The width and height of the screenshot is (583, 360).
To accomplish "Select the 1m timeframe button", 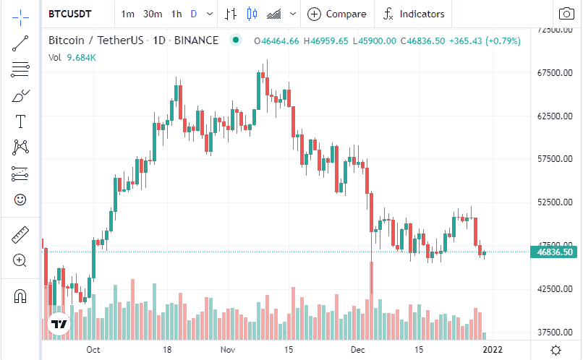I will pos(128,14).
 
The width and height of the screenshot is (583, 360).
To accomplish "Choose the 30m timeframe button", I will pos(153,14).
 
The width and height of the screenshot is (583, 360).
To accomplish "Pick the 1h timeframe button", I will pos(176,14).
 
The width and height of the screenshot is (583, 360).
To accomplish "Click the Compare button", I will pos(338,14).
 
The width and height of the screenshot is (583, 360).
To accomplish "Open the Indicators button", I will pos(414,14).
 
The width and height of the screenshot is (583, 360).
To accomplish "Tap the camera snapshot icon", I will pos(566,14).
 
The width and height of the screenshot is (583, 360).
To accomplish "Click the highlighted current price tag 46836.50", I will pos(555,252).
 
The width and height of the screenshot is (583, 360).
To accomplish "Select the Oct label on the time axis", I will pos(93,350).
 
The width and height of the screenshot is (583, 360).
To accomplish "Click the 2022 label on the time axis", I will pos(492,350).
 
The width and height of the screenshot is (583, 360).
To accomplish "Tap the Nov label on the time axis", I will pos(229,350).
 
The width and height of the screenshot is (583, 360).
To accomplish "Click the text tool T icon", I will pos(20,121).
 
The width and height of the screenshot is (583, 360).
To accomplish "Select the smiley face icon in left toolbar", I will pos(20,199).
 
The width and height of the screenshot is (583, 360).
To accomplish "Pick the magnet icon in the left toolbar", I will pos(20,295).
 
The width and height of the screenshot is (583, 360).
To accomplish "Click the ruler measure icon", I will pos(20,235).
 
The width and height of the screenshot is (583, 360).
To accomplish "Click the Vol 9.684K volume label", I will pos(72,56).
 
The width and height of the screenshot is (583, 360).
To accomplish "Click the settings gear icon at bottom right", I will pos(555,350).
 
